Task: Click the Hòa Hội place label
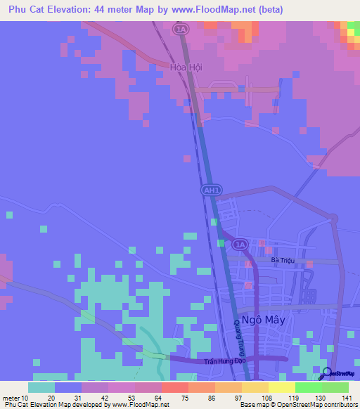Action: [186, 67]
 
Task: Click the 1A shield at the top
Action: [181, 29]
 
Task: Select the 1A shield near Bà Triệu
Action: [240, 244]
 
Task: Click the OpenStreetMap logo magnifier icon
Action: [327, 372]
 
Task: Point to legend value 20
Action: [51, 397]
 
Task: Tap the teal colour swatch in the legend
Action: [41, 387]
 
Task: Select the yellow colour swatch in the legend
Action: [282, 387]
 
